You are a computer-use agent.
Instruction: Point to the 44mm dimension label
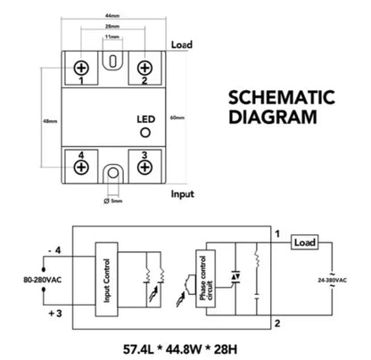(x=111, y=17)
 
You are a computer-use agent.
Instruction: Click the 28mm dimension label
(x=111, y=28)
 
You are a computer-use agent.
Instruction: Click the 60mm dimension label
(x=177, y=117)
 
